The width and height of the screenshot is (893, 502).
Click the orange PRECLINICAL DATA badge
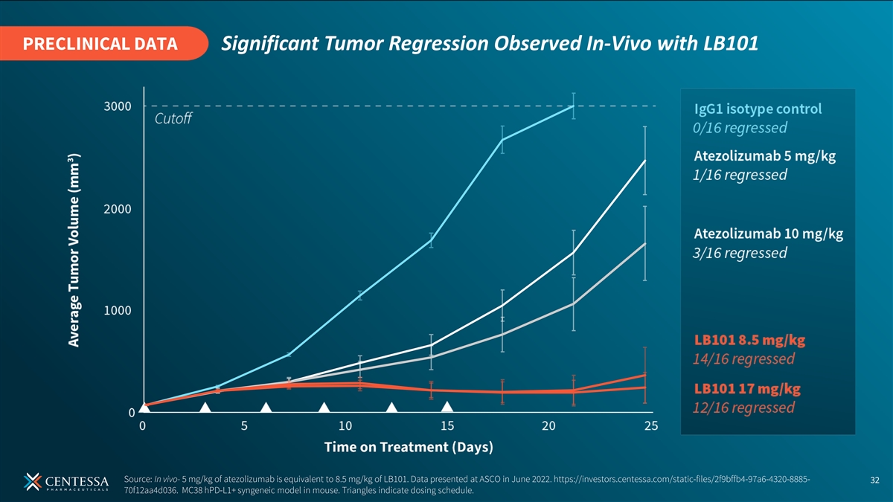coord(103,43)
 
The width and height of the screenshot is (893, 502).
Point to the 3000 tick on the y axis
coord(118,106)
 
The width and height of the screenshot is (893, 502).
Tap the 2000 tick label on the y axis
coord(118,209)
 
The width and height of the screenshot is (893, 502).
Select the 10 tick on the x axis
coord(345,426)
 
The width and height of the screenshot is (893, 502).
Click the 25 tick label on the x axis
coord(651,426)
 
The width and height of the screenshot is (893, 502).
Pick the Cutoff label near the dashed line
coord(173,118)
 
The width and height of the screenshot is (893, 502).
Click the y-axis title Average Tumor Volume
coord(74,250)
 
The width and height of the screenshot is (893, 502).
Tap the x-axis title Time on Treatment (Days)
coord(409,447)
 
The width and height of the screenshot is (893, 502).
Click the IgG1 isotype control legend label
coord(758,109)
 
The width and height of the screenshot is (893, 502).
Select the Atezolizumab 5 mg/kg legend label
coord(765,155)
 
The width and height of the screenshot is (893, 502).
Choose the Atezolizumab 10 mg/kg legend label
coord(768,234)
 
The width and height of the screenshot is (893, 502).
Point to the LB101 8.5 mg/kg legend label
coord(749,341)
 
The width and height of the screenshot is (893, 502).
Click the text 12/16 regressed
coord(743,408)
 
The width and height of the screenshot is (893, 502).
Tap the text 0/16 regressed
coord(740,128)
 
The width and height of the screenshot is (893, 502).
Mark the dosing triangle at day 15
coord(447,407)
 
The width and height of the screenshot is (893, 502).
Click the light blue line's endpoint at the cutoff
coord(573,106)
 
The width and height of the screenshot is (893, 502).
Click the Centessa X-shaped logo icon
coord(32,482)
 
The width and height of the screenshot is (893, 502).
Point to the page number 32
coord(874,480)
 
